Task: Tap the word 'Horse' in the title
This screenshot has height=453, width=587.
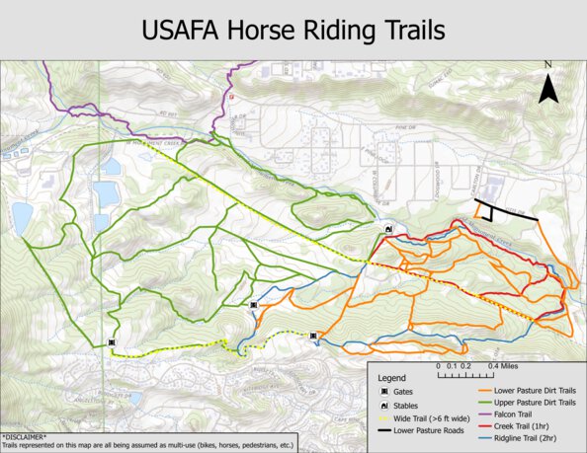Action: pos(255,29)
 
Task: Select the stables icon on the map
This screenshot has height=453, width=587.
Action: pos(389,229)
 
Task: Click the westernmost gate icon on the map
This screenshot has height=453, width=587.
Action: pos(111,342)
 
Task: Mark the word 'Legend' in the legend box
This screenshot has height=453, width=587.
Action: pos(393,378)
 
